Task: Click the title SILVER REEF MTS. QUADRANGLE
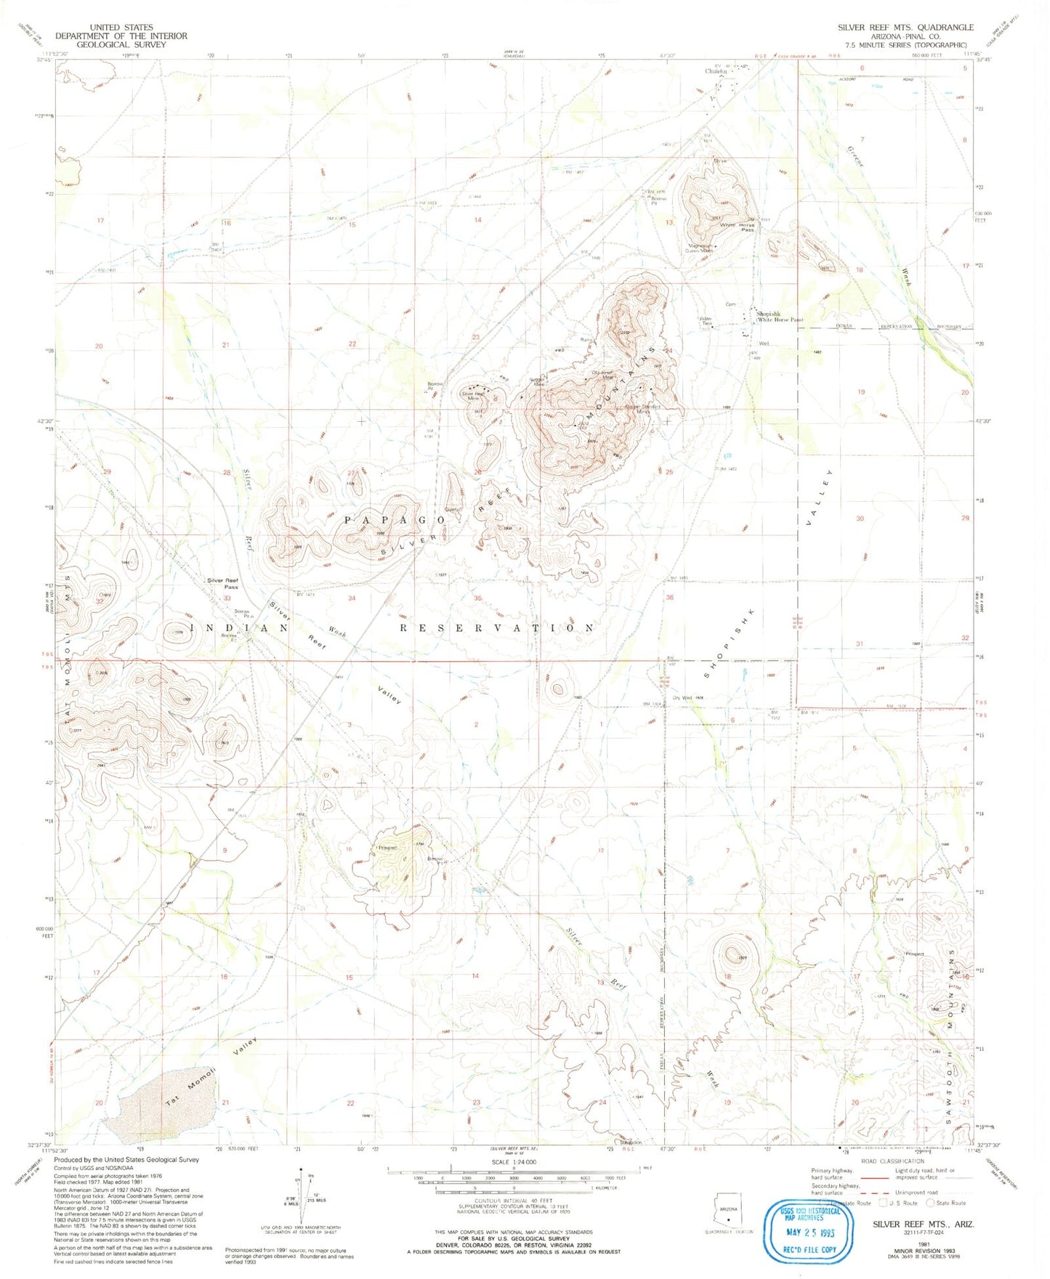pyautogui.click(x=905, y=27)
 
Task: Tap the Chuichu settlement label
pyautogui.click(x=716, y=71)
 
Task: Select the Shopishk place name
pyautogui.click(x=772, y=314)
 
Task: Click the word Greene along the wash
pyautogui.click(x=858, y=158)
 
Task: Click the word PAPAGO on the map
pyautogui.click(x=394, y=520)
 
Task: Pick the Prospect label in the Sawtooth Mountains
pyautogui.click(x=914, y=954)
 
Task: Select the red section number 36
pyautogui.click(x=669, y=598)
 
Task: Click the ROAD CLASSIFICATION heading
pyautogui.click(x=894, y=1162)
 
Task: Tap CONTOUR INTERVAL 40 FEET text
pyautogui.click(x=514, y=1201)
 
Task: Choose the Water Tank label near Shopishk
pyautogui.click(x=704, y=320)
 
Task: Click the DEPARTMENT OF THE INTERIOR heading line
pyautogui.click(x=121, y=36)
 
